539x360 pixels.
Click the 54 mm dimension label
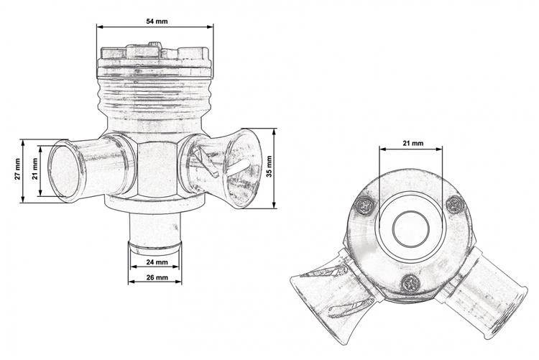coord(157,22)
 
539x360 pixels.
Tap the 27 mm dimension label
coord(18,169)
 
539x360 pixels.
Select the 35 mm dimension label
coord(269,167)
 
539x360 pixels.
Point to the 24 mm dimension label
coord(157,262)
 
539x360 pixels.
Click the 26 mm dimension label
coord(157,277)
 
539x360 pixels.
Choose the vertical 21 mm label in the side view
coord(34,169)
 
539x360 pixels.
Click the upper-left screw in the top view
coord(364,206)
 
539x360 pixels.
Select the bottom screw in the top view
coord(411,284)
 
